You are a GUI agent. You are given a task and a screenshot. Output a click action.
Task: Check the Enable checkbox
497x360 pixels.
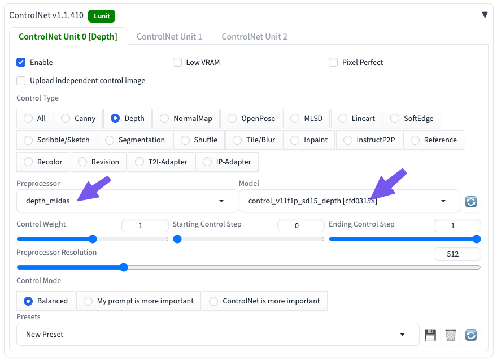click(x=21, y=62)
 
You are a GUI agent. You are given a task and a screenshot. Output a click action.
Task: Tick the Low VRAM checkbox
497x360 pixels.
click(x=177, y=62)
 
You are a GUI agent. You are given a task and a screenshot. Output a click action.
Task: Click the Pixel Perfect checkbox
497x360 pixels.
click(x=333, y=62)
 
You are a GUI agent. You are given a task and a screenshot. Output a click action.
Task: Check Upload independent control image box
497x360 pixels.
click(x=21, y=81)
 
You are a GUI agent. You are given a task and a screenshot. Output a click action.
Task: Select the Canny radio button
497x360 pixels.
click(x=66, y=118)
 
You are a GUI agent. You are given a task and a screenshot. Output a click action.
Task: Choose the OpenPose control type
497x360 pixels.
click(x=232, y=118)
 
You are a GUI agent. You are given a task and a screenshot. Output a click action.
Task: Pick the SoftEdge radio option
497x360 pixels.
click(x=395, y=118)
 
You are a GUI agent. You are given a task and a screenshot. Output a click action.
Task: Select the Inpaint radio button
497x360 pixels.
click(x=295, y=140)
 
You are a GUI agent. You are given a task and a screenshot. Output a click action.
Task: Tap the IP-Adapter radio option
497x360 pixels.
click(x=207, y=162)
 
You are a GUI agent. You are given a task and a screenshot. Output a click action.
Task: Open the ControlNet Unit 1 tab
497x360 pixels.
click(x=169, y=37)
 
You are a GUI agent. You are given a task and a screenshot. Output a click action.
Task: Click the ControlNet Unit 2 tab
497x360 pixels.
click(x=254, y=37)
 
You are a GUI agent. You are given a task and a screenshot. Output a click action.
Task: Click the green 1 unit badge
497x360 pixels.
click(x=102, y=16)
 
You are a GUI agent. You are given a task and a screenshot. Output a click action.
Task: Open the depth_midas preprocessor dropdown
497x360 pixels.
click(x=127, y=201)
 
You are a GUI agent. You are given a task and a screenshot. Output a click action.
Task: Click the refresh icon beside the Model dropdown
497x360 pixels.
click(x=471, y=201)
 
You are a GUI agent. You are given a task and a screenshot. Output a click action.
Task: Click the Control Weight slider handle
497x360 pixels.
click(x=93, y=239)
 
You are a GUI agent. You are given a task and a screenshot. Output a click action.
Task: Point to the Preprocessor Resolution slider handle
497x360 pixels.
click(x=124, y=267)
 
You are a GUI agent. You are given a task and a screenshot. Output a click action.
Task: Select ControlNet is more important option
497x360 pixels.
click(x=213, y=301)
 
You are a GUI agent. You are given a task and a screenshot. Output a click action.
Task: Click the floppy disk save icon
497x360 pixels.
click(x=430, y=335)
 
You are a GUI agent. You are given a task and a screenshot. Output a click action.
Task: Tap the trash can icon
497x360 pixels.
click(x=451, y=335)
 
